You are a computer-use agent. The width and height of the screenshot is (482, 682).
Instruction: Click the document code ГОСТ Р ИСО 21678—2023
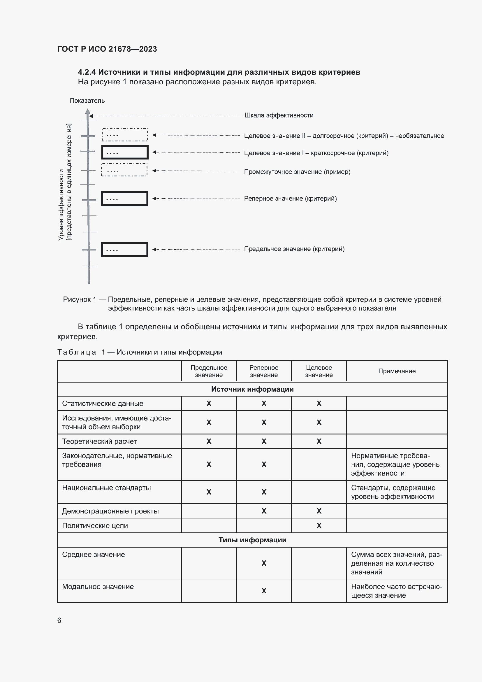107,49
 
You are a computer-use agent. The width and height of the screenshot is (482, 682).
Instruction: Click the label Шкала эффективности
279,115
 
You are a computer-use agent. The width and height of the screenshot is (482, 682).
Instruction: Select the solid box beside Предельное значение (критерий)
124,250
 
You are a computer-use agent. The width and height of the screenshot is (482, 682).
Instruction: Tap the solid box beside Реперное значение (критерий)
124,199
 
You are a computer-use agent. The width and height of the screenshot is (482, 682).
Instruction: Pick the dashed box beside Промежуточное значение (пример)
124,170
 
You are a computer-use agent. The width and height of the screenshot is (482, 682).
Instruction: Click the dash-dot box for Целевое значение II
125,135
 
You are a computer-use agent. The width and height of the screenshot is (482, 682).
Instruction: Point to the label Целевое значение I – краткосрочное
316,153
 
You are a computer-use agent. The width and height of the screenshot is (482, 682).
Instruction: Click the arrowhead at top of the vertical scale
87,112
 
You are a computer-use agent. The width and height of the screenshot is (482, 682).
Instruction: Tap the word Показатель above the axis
87,101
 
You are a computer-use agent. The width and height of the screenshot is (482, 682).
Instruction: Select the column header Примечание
397,371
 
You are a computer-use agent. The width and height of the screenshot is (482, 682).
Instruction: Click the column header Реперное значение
263,371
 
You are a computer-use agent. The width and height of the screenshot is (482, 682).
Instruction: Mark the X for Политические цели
319,525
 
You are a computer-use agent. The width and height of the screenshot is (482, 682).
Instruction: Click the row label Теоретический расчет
99,441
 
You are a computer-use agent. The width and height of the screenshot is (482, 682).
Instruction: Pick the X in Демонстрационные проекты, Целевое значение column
319,511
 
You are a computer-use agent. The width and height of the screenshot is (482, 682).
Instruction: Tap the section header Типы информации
252,540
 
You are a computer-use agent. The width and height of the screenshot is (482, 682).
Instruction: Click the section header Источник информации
252,389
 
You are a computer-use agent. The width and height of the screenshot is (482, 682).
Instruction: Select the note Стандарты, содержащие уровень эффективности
393,492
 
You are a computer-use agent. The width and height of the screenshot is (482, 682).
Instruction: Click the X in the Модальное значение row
263,591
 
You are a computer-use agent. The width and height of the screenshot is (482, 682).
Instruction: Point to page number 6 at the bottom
59,620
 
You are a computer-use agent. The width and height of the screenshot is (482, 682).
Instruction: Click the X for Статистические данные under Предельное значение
209,403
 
